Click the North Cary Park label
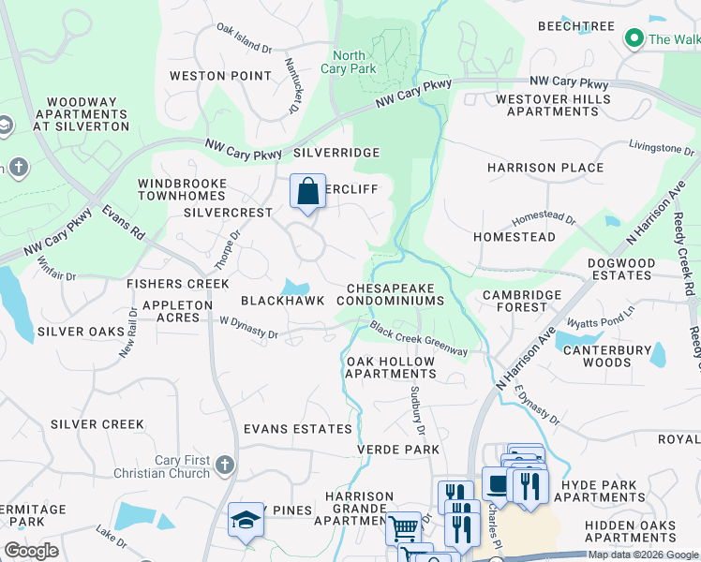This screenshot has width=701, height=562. point(349,62)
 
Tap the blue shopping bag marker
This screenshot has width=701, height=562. point(307,192)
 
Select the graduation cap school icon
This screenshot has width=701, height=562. point(246,521)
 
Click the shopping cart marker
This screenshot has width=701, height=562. point(404,528)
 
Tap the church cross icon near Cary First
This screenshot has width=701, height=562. point(223,465)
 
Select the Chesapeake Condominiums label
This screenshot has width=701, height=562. point(395,295)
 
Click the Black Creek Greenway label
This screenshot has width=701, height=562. point(418,338)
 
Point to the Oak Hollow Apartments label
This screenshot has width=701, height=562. point(391,367)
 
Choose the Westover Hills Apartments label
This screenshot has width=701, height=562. point(553,105)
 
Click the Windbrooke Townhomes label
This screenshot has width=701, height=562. point(182,190)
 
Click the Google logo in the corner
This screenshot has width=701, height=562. point(31,551)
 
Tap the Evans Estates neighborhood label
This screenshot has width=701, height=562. point(297,429)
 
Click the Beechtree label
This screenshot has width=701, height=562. point(576,26)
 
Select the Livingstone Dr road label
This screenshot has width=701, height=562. point(661,148)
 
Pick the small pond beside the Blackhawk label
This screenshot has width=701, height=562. point(297,286)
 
